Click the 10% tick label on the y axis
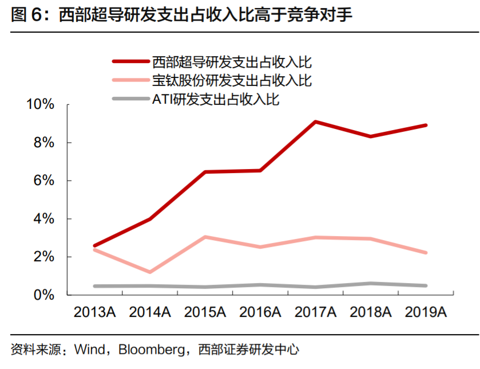click(x=40, y=105)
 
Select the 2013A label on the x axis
click(x=94, y=313)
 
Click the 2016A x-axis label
click(x=260, y=313)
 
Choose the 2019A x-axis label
click(x=426, y=313)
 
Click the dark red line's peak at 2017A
click(x=315, y=121)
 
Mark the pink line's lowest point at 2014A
click(x=150, y=272)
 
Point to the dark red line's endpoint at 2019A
click(x=426, y=125)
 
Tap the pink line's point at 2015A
click(x=205, y=237)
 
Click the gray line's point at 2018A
click(x=371, y=283)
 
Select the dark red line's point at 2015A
click(x=205, y=172)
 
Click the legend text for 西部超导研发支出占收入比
click(x=232, y=61)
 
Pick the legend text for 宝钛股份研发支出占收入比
click(x=232, y=80)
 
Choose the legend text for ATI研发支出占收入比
click(x=215, y=99)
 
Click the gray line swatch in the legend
click(x=130, y=99)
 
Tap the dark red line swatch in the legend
click(x=130, y=61)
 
